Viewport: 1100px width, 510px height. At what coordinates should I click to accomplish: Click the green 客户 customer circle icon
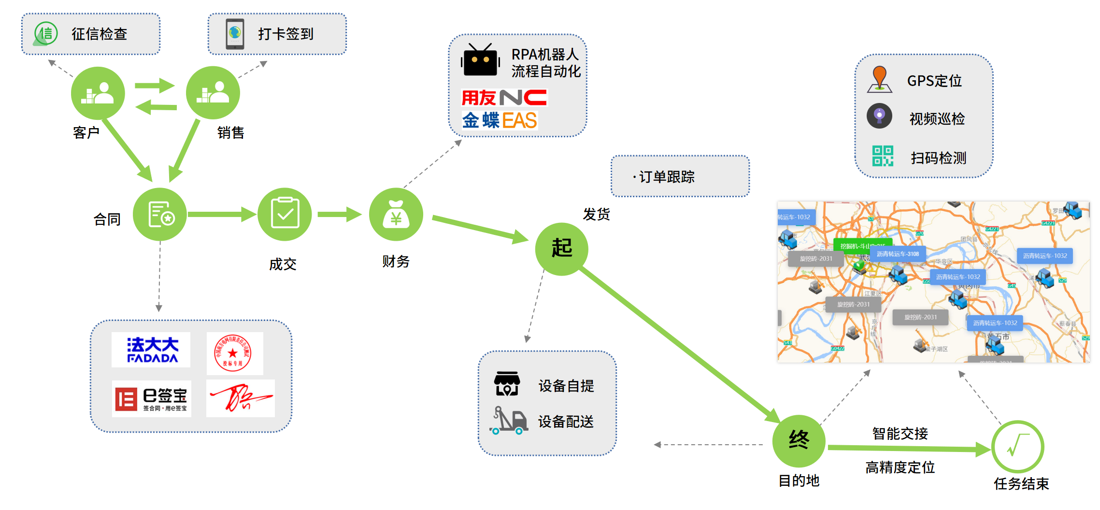[x=98, y=93]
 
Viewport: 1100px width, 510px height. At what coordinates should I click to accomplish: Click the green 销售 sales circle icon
[x=213, y=93]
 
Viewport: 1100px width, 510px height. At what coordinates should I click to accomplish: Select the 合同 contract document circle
[x=160, y=215]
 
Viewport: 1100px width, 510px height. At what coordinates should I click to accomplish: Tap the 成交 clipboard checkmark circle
[x=285, y=215]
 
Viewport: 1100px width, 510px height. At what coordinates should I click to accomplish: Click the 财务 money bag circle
[x=396, y=215]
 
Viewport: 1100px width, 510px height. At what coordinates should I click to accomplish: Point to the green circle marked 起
[x=561, y=249]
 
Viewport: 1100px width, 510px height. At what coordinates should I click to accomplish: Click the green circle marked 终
[x=799, y=440]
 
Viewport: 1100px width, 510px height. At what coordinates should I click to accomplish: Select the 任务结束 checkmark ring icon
[x=1017, y=447]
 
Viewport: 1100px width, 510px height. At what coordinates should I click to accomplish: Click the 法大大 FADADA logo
[x=151, y=350]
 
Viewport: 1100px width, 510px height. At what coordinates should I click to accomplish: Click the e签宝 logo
[x=152, y=399]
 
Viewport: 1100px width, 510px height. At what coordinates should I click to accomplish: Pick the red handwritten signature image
[x=240, y=398]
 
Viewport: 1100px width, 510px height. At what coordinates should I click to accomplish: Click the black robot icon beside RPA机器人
[x=480, y=61]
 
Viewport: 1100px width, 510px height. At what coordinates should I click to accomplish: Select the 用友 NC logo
[x=504, y=98]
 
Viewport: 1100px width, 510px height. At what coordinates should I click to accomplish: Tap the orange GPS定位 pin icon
[x=879, y=79]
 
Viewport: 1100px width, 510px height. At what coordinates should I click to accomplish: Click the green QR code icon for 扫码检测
[x=882, y=156]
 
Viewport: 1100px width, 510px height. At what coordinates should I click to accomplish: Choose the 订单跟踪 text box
[x=680, y=176]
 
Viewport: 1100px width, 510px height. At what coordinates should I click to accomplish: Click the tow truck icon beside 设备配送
[x=509, y=421]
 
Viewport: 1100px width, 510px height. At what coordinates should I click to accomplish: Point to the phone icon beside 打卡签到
[x=235, y=34]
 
